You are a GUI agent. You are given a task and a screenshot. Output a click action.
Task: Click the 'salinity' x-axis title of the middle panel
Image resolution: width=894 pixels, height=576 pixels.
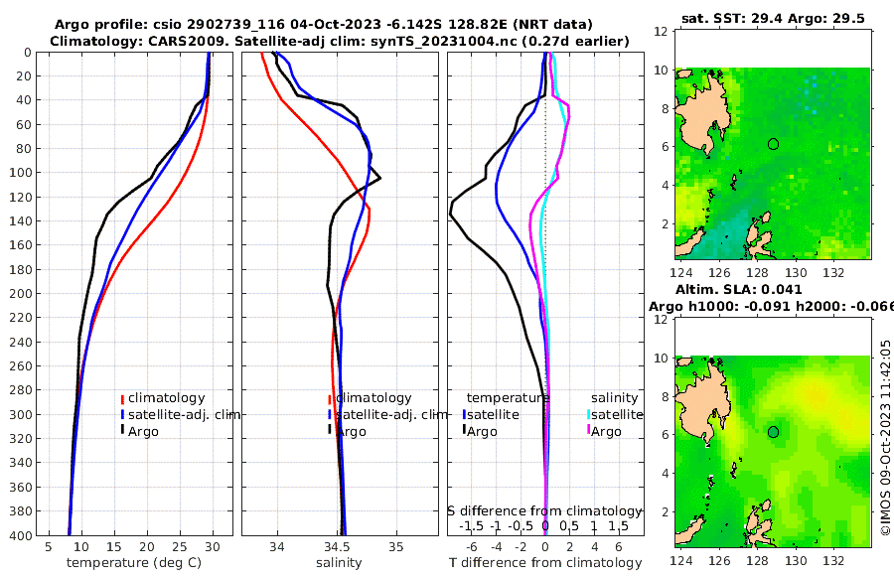point(339,563)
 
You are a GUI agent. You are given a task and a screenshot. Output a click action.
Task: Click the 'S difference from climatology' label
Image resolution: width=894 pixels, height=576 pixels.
point(544,510)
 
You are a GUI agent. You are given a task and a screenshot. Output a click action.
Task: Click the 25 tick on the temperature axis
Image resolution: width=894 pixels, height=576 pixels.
point(180,546)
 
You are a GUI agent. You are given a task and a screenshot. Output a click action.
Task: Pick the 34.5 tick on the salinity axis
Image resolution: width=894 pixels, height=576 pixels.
point(337,546)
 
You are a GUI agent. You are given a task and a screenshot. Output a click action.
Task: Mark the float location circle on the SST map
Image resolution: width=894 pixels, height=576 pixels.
point(773,144)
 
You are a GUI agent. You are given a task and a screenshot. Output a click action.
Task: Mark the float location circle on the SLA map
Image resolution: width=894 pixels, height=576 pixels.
point(773,431)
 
